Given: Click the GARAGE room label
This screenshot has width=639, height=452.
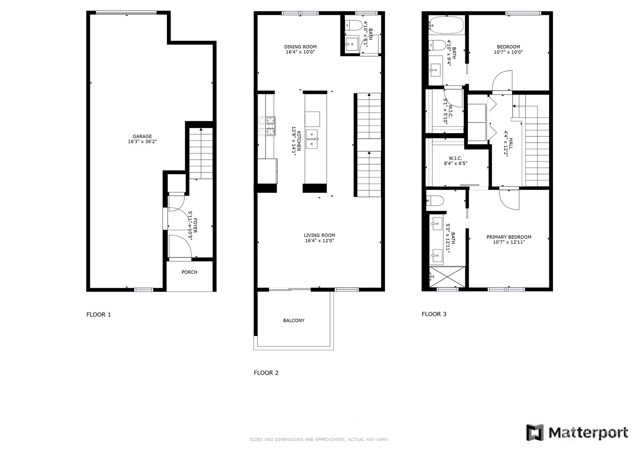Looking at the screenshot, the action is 142,136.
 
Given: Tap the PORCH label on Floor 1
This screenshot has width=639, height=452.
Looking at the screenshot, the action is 189,272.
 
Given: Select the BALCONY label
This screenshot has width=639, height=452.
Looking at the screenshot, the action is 294,320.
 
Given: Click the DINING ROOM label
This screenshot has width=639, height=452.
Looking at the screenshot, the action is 300,47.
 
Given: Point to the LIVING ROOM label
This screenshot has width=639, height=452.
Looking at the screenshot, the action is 319,235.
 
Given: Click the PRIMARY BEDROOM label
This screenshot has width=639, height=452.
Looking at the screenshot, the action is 509,237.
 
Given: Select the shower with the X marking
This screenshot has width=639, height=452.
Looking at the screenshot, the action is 447,276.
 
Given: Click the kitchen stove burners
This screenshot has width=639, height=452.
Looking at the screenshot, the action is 267,126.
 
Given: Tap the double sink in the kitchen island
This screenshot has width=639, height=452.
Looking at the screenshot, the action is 312,139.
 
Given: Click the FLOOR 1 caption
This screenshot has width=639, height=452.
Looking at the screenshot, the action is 99,315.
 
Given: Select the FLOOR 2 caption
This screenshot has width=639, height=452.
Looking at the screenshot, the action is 266,373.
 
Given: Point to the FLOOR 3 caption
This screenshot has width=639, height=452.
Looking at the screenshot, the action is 434,314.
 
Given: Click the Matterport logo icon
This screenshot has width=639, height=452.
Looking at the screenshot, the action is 535,432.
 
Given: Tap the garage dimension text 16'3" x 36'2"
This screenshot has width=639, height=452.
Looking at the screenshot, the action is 142,142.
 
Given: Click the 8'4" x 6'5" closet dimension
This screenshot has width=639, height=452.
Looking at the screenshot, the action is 455,163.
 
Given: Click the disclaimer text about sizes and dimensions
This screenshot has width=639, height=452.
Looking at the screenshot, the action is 319,440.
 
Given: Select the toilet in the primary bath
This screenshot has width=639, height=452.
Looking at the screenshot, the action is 435,201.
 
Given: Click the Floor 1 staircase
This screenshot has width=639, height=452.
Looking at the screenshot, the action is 201,154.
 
